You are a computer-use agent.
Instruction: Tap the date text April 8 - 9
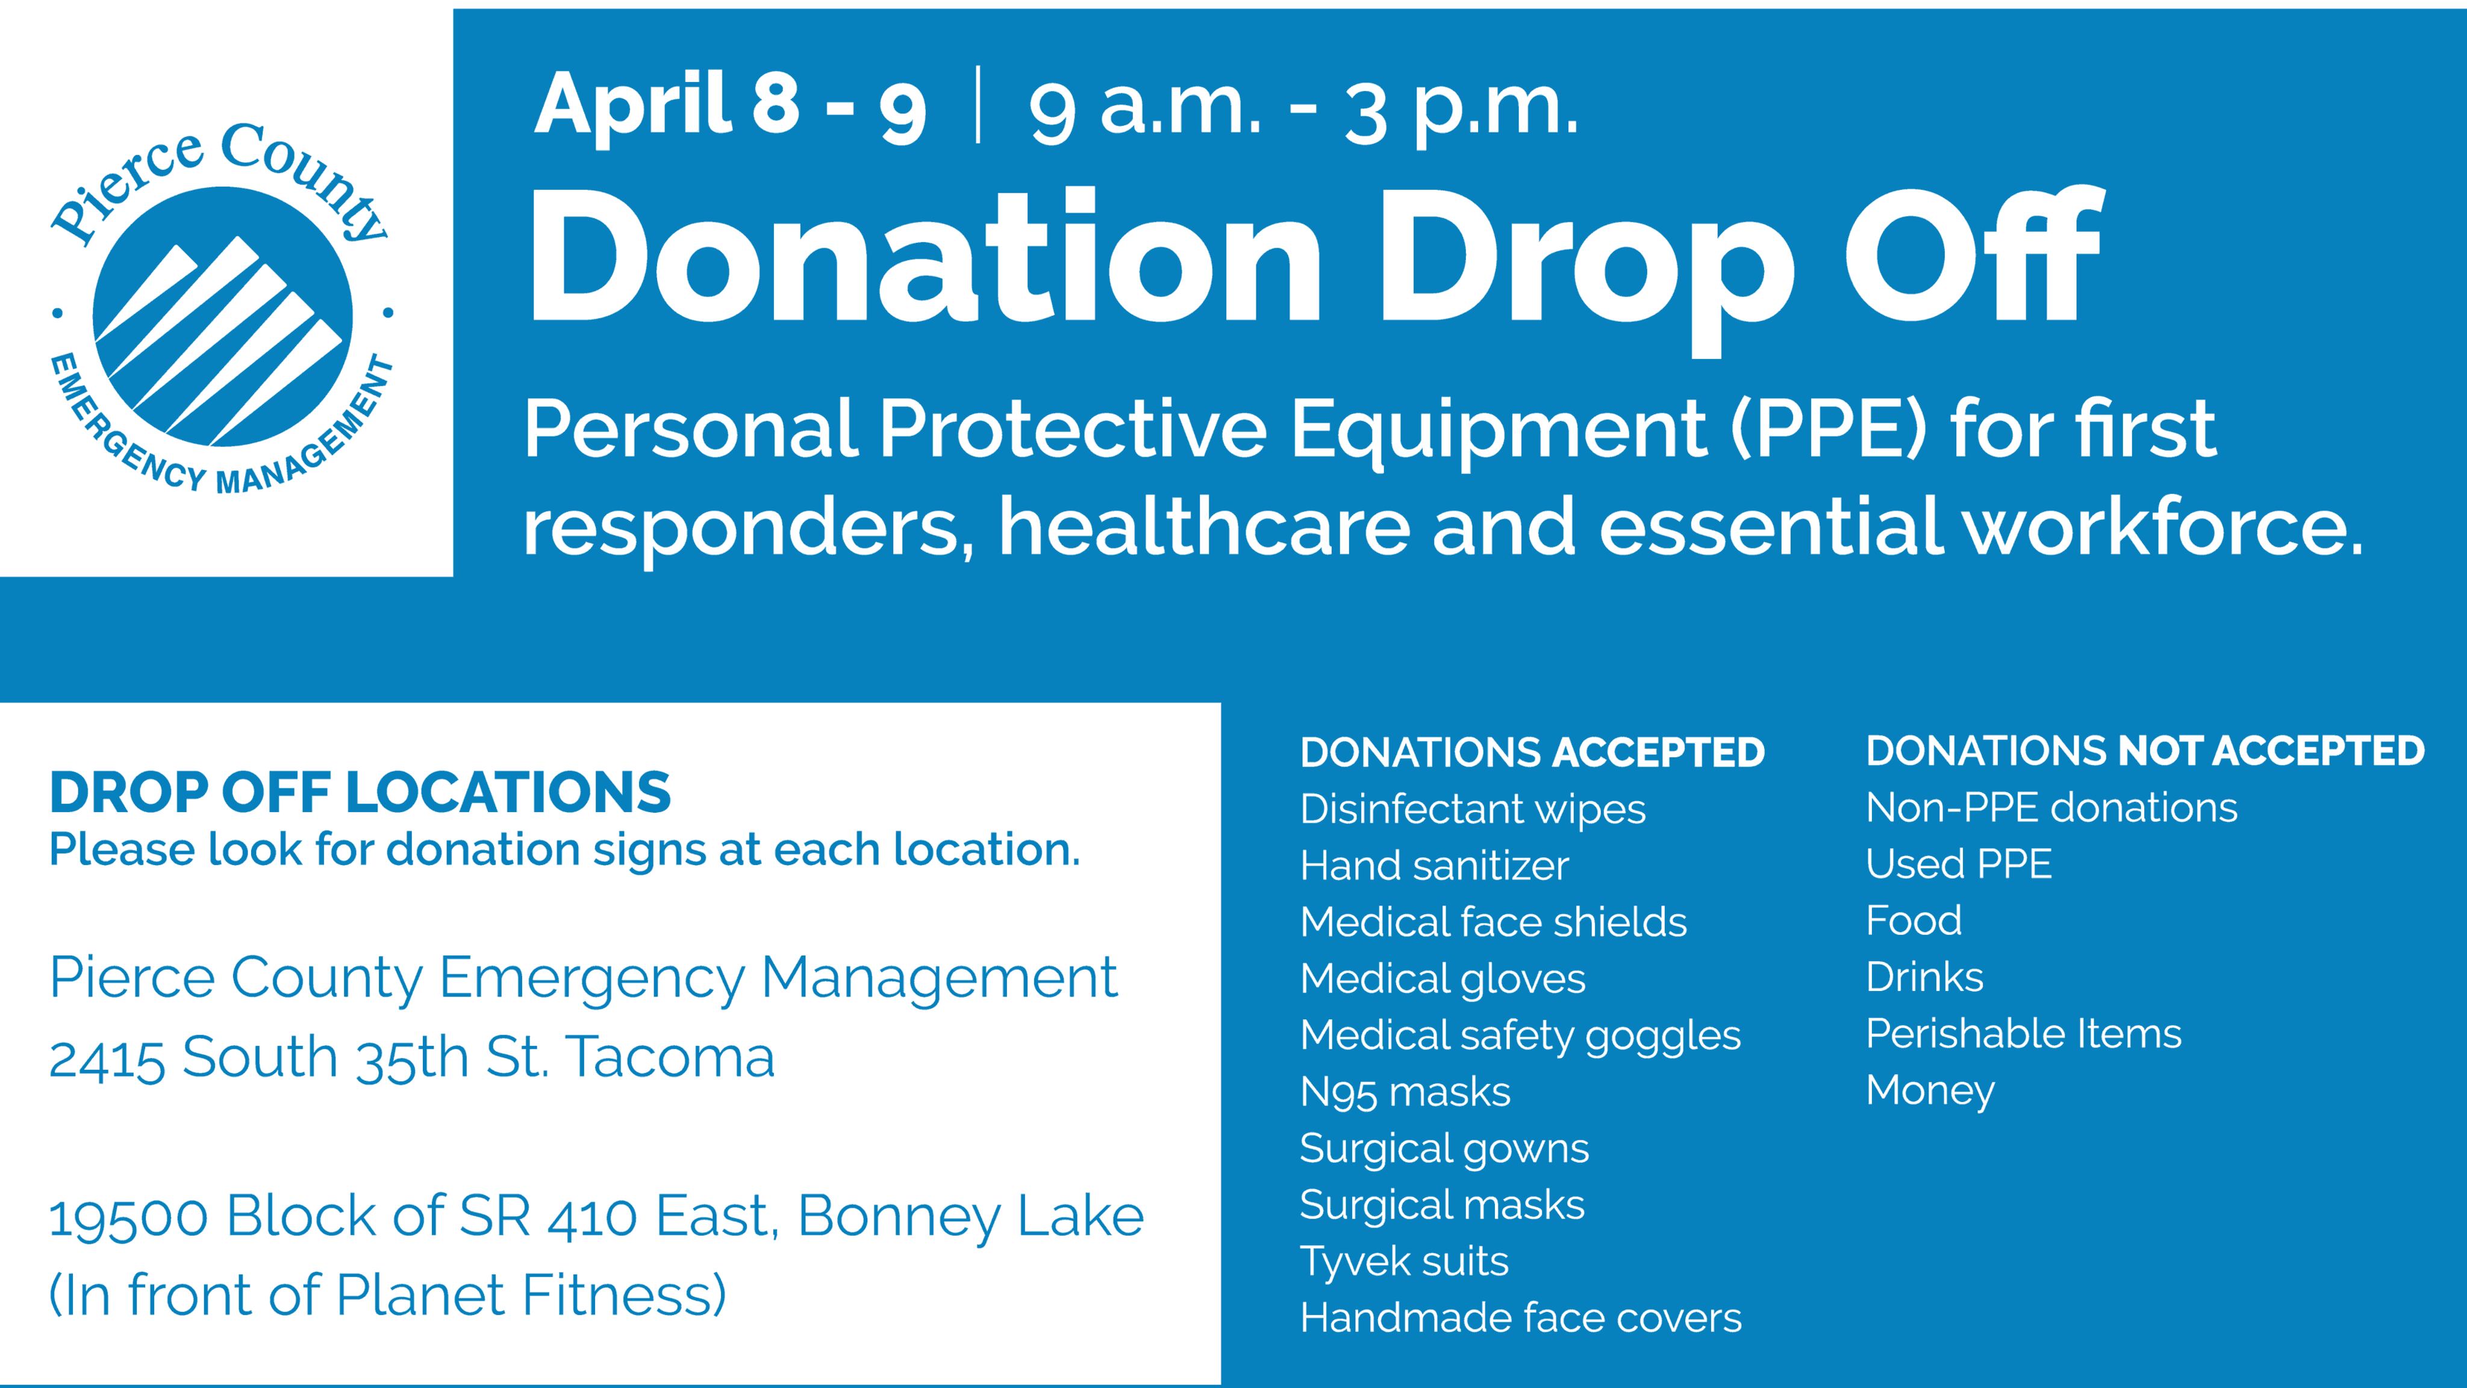730,105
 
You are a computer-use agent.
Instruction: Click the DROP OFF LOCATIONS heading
360,793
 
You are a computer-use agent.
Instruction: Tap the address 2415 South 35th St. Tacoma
412,1057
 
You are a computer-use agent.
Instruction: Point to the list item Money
1930,1090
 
